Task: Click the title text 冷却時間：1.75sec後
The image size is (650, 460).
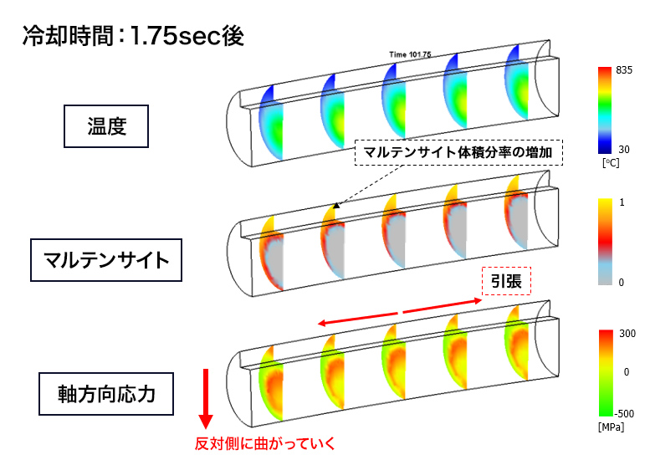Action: pyautogui.click(x=132, y=38)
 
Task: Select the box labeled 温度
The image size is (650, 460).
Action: pyautogui.click(x=106, y=125)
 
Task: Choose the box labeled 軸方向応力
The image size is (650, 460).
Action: pyautogui.click(x=106, y=393)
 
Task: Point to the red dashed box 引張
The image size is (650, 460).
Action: pyautogui.click(x=507, y=283)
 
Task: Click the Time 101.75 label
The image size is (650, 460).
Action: pyautogui.click(x=410, y=54)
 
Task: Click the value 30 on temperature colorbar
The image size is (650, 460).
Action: pyautogui.click(x=623, y=148)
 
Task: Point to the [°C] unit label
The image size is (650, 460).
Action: pyautogui.click(x=610, y=164)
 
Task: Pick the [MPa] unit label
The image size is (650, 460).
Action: pyautogui.click(x=613, y=427)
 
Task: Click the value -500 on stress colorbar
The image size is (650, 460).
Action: pyautogui.click(x=625, y=412)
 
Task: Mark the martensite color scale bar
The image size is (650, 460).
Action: pyautogui.click(x=606, y=243)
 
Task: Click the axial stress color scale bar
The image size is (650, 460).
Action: pyautogui.click(x=606, y=373)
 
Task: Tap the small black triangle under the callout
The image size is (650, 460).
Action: pyautogui.click(x=336, y=204)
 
